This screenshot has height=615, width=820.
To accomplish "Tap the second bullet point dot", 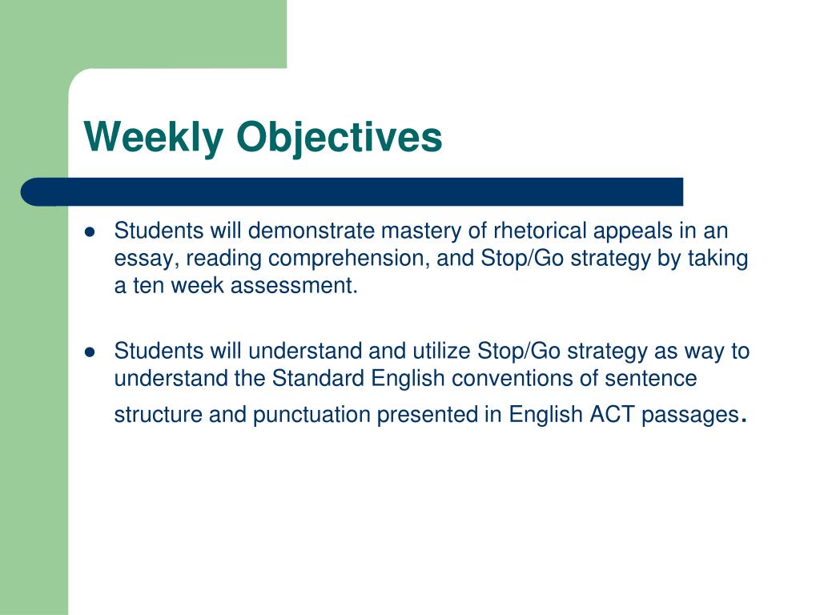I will pyautogui.click(x=90, y=352).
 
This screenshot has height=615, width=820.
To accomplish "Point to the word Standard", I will pyautogui.click(x=320, y=378).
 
